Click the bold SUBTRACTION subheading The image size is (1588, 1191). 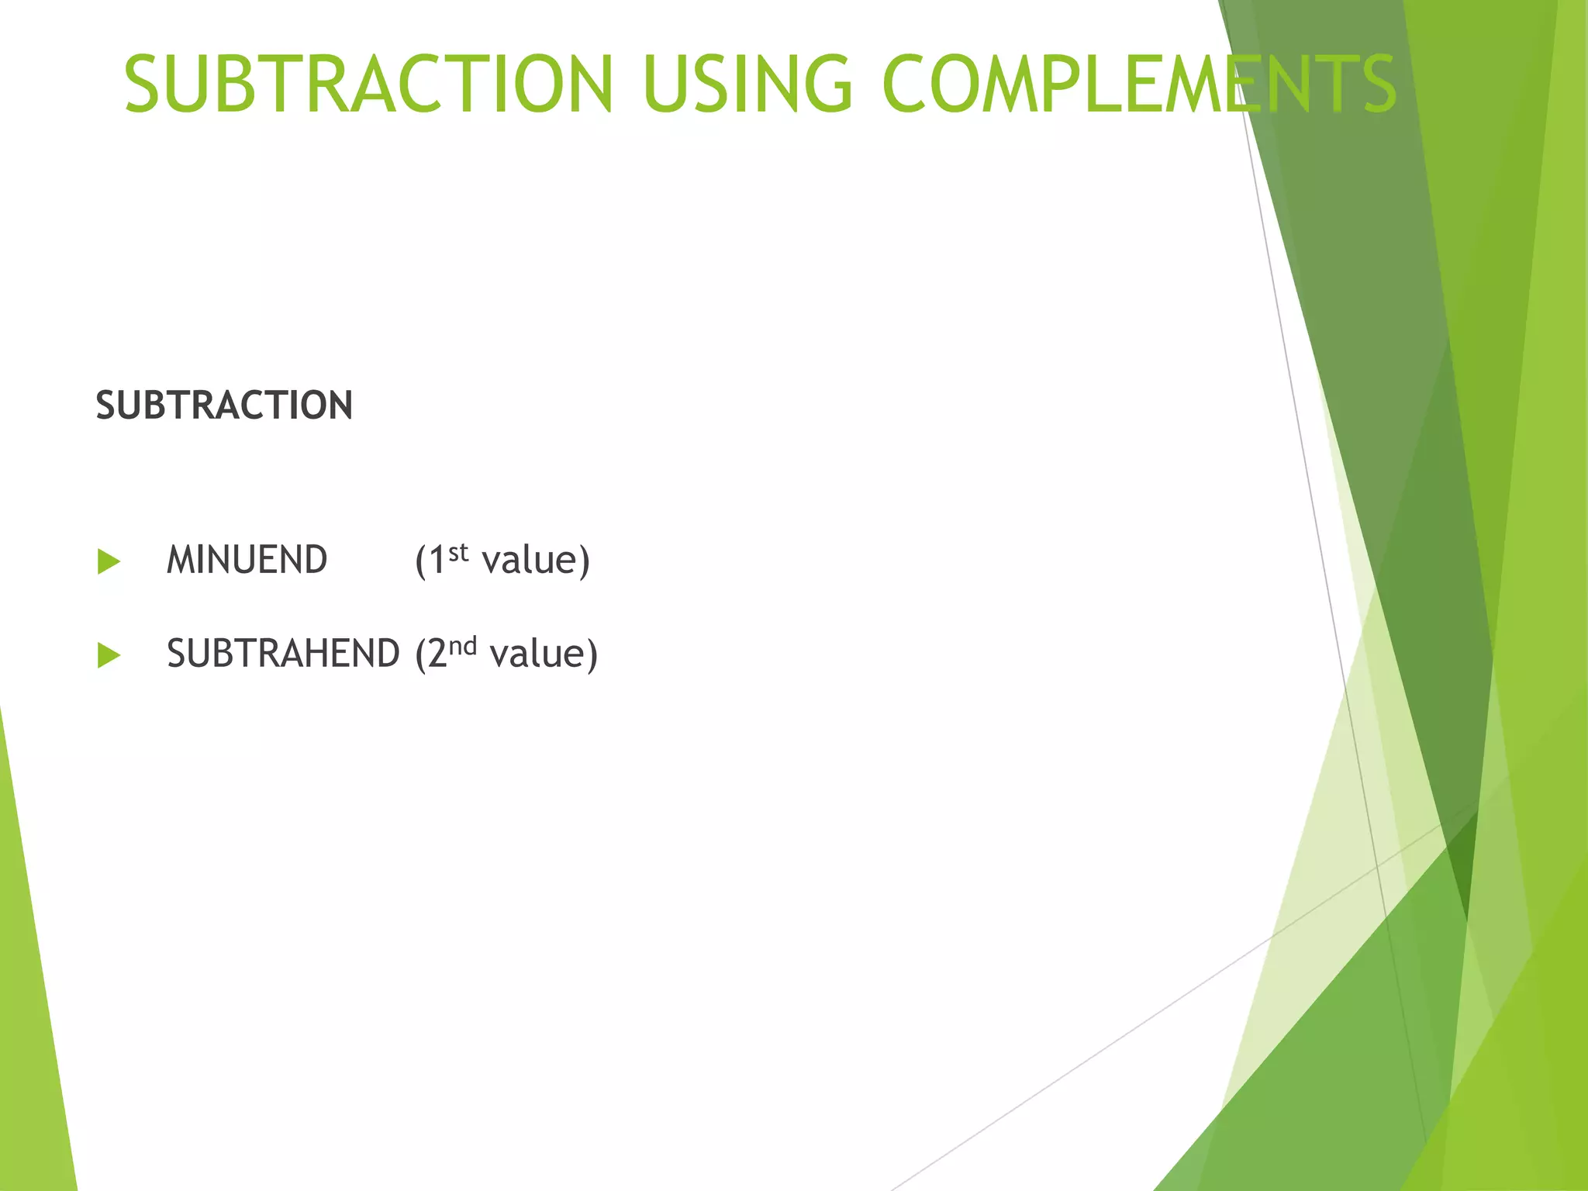pyautogui.click(x=224, y=406)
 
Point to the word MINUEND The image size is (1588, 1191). pyautogui.click(x=247, y=560)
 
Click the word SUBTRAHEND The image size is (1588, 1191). pyautogui.click(x=283, y=654)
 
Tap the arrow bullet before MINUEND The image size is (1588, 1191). pyautogui.click(x=109, y=561)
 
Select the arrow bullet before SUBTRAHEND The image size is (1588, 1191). pyautogui.click(x=109, y=655)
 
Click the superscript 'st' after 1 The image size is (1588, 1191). pyautogui.click(x=459, y=552)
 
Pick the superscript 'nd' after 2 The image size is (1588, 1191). pyautogui.click(x=463, y=646)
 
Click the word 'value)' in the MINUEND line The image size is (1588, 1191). pyautogui.click(x=536, y=560)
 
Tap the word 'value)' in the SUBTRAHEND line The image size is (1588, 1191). pyautogui.click(x=544, y=654)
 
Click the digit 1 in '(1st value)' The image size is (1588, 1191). pyautogui.click(x=437, y=560)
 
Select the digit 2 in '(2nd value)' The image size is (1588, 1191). pyautogui.click(x=437, y=654)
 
